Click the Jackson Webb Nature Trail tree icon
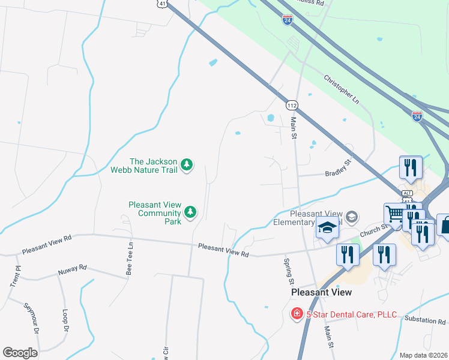[187, 164]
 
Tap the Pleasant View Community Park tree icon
[190, 211]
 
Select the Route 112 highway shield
[292, 105]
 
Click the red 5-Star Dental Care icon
[297, 314]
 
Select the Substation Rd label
[425, 320]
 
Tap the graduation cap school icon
[327, 229]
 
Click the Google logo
[20, 353]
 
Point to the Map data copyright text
[423, 355]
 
